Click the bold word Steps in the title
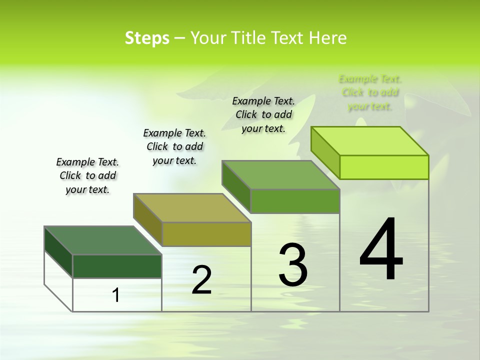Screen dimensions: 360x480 click(147, 38)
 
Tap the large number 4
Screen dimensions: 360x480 click(381, 249)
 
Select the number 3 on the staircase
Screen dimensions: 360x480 click(293, 265)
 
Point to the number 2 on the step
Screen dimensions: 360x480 click(201, 280)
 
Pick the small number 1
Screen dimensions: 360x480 click(116, 295)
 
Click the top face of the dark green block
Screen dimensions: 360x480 click(102, 240)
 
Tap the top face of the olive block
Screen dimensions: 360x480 click(192, 208)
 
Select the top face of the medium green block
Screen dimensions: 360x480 click(280, 175)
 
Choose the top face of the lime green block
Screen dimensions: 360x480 click(370, 141)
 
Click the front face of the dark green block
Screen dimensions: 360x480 click(117, 266)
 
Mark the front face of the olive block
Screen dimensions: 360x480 click(206, 234)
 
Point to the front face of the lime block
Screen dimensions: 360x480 click(384, 167)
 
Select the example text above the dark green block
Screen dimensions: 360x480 click(87, 175)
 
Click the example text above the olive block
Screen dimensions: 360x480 click(174, 146)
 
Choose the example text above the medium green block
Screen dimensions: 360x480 click(263, 114)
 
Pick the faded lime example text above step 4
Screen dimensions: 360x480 click(370, 92)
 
